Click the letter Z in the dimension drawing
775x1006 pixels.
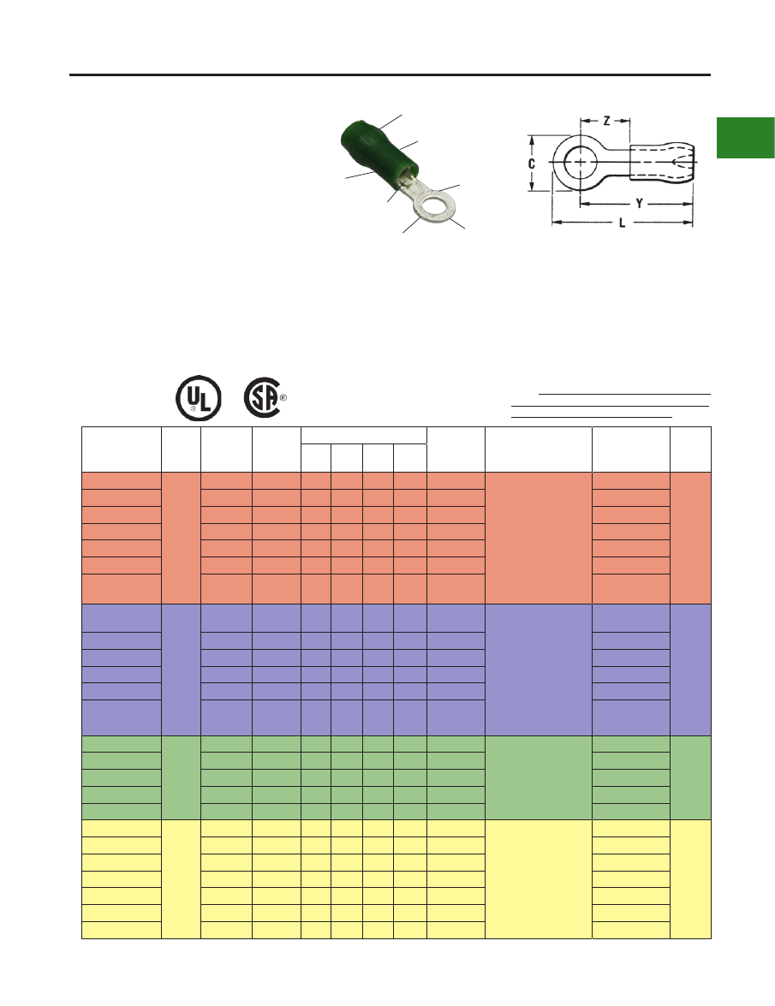click(x=606, y=121)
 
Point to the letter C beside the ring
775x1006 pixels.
click(x=531, y=164)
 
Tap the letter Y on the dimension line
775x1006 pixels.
click(x=639, y=204)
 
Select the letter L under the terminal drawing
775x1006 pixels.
click(x=622, y=223)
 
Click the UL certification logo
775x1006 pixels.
click(x=199, y=398)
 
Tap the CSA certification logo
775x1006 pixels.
click(x=262, y=398)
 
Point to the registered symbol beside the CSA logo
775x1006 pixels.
click(x=283, y=398)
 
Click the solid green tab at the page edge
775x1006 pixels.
click(x=746, y=137)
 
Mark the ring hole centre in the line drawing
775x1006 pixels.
click(x=581, y=163)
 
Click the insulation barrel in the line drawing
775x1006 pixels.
click(x=661, y=163)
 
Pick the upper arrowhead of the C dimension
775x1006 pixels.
click(x=531, y=140)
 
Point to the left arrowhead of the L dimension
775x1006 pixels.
click(x=557, y=223)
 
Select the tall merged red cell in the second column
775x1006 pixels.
click(x=181, y=538)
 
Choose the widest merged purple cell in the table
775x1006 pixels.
click(x=539, y=670)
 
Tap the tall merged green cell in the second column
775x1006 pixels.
click(x=181, y=777)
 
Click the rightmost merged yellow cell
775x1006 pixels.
click(x=690, y=879)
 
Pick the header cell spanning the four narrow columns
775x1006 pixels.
click(x=364, y=435)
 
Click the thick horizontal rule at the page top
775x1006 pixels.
click(x=390, y=75)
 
